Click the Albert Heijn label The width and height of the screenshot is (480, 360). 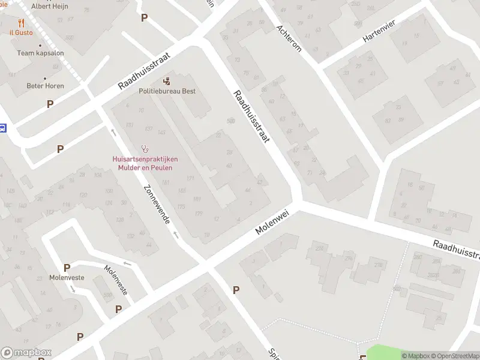(50, 6)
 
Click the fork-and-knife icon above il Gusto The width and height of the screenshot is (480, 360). (21, 23)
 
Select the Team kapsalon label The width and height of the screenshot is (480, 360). (40, 53)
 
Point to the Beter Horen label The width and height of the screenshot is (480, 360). (45, 86)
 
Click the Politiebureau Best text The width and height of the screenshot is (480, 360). (167, 91)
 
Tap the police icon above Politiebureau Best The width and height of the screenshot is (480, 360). (167, 80)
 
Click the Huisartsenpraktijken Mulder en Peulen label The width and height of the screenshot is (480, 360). (145, 163)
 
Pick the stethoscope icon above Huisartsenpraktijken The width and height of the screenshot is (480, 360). (145, 148)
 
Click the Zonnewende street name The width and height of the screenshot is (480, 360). (157, 204)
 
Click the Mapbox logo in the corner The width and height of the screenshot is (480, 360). (26, 353)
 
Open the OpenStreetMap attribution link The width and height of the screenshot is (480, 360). (454, 356)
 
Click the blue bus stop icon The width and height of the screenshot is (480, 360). (2, 128)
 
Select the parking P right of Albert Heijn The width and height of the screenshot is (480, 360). (144, 18)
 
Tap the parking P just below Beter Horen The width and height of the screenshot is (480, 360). (50, 104)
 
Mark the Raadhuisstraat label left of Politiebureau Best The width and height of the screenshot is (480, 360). (145, 70)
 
